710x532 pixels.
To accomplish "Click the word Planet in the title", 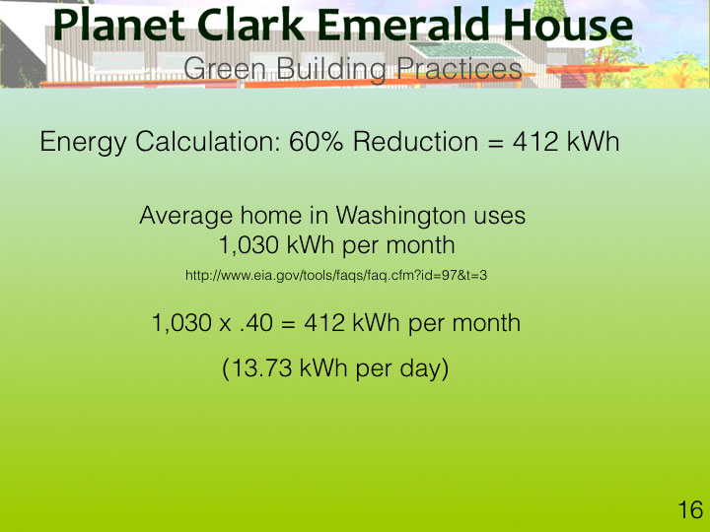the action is [x=118, y=26].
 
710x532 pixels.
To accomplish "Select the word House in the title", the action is [x=568, y=26].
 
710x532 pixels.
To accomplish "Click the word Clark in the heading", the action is [x=250, y=26].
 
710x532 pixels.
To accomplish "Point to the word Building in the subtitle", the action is [x=331, y=69].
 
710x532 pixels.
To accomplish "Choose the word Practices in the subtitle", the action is [x=460, y=69].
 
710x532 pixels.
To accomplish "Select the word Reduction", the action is [x=415, y=141].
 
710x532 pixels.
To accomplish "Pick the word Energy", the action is [x=83, y=142].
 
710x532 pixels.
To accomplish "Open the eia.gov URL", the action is [x=336, y=275].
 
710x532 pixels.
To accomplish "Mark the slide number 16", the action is [x=690, y=510].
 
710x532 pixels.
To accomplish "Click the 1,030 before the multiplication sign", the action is [x=181, y=323].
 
